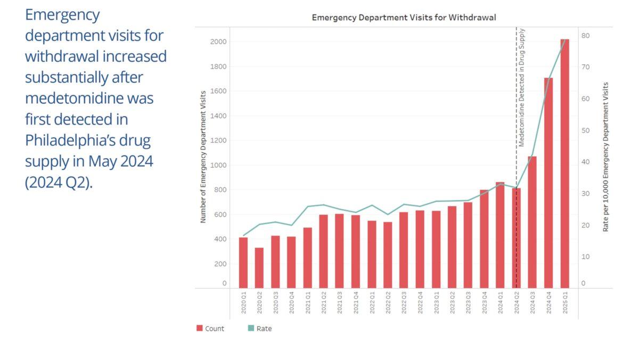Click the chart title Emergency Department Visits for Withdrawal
[x=404, y=18]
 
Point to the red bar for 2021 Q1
[x=307, y=258]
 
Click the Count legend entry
[x=210, y=329]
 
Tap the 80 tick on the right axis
[x=586, y=35]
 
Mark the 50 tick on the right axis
[x=586, y=130]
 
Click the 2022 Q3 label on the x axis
[x=404, y=302]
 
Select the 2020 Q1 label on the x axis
[x=243, y=302]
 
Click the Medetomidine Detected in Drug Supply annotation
[x=522, y=88]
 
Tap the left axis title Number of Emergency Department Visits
[x=203, y=156]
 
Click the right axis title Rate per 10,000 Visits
[x=605, y=156]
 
